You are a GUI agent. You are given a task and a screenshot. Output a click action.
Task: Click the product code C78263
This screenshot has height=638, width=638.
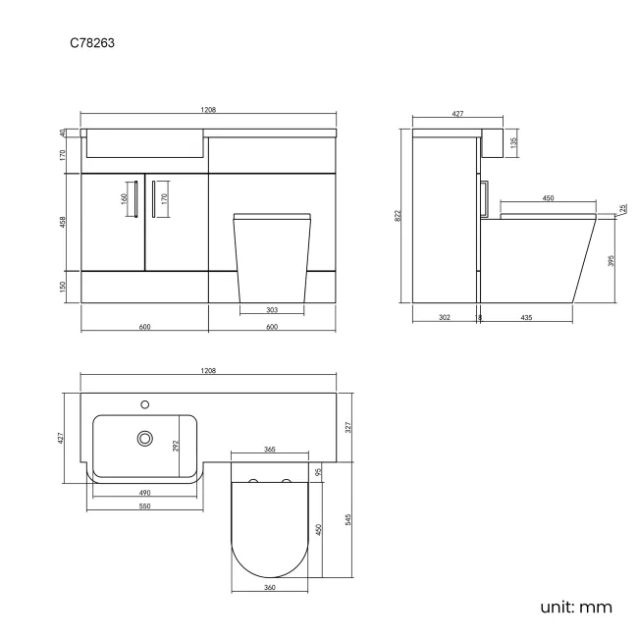(95, 43)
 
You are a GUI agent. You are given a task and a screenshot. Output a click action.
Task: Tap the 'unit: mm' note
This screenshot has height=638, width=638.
(576, 607)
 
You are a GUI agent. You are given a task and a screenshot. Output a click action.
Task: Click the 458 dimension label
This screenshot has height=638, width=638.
(62, 221)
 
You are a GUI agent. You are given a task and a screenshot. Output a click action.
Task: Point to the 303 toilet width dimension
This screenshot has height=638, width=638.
(272, 310)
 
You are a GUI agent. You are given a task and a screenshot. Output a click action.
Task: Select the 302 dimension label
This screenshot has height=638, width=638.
(444, 318)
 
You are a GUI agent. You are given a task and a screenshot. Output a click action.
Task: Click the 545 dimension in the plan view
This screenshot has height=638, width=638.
(349, 518)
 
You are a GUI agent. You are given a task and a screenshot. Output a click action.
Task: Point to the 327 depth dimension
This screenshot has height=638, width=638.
(349, 426)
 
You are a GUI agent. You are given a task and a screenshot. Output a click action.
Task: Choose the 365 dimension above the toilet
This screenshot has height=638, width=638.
(270, 449)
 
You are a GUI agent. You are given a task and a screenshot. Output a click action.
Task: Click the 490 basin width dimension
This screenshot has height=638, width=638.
(143, 492)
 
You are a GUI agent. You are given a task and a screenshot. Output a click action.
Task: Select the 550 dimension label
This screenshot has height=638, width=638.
(143, 506)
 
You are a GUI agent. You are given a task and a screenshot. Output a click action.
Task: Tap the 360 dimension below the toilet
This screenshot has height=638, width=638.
(270, 587)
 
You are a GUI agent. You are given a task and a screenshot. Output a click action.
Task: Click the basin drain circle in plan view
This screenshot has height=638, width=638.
(146, 438)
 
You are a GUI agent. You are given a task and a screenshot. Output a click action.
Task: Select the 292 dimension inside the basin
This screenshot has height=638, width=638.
(177, 446)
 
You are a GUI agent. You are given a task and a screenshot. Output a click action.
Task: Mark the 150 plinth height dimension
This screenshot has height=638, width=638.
(62, 286)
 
